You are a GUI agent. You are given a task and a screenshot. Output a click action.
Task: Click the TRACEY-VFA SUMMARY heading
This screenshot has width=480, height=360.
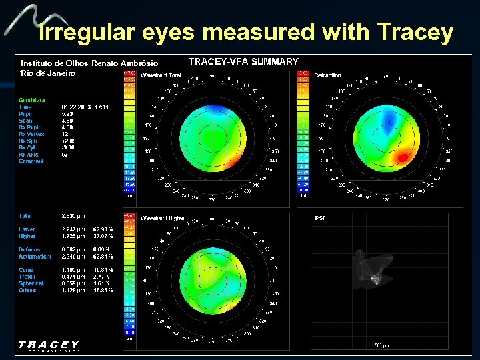coord(243,61)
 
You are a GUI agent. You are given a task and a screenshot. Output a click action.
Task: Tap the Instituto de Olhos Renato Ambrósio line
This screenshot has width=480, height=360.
coord(89,63)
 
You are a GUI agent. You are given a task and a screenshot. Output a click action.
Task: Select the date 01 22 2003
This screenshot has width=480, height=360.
coord(76,107)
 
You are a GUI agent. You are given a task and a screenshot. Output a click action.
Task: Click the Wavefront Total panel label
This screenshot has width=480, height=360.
coord(161,75)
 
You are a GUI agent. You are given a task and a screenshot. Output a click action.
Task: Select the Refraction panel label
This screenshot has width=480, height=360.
coord(328,75)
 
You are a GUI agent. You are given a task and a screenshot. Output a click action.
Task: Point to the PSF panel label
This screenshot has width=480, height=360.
coord(319,218)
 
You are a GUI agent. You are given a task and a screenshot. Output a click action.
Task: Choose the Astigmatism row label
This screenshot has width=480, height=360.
coord(35,257)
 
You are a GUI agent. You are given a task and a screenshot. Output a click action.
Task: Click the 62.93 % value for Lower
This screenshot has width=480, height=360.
coord(103,229)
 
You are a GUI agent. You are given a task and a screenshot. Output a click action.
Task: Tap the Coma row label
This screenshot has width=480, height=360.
coord(27,270)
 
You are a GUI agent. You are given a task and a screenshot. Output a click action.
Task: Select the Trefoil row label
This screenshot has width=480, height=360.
coord(28,277)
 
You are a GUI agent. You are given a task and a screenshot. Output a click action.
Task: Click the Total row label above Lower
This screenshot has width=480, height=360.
coord(26,216)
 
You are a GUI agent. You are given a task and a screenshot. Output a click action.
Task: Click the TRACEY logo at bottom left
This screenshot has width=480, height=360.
coord(49,346)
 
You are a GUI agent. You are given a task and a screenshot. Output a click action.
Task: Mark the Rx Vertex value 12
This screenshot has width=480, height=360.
coord(64,134)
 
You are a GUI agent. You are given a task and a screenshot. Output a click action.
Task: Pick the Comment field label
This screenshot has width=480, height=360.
coord(31,161)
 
